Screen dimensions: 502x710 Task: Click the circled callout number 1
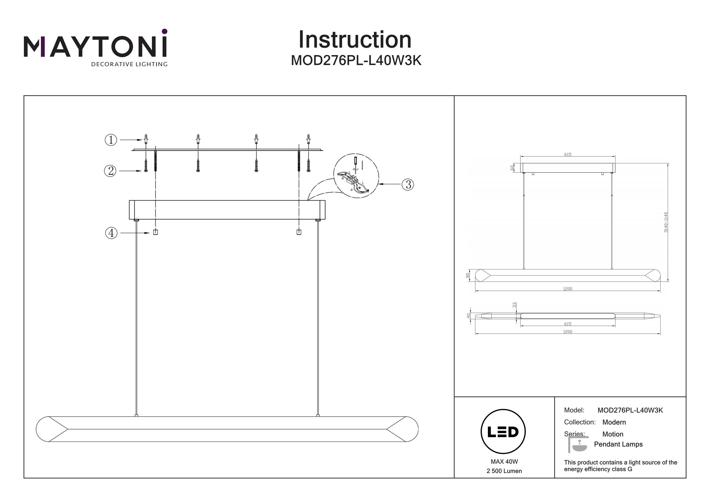[111, 140]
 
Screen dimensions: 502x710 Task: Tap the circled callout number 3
[408, 184]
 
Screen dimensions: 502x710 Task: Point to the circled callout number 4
[111, 233]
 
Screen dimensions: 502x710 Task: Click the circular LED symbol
[503, 431]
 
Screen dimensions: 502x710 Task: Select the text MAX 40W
[504, 462]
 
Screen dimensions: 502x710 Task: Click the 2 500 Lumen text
[504, 471]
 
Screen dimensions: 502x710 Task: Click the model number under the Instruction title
[356, 61]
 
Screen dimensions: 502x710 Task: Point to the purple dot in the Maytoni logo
[164, 31]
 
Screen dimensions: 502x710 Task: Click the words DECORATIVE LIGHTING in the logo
[129, 64]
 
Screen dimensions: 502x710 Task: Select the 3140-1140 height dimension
[666, 222]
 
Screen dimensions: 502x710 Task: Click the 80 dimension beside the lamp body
[468, 275]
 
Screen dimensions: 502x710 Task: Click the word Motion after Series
[612, 434]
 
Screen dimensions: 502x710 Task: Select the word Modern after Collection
[614, 422]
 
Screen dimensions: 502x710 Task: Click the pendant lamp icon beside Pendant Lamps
[578, 445]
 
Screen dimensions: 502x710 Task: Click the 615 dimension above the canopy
[568, 154]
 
